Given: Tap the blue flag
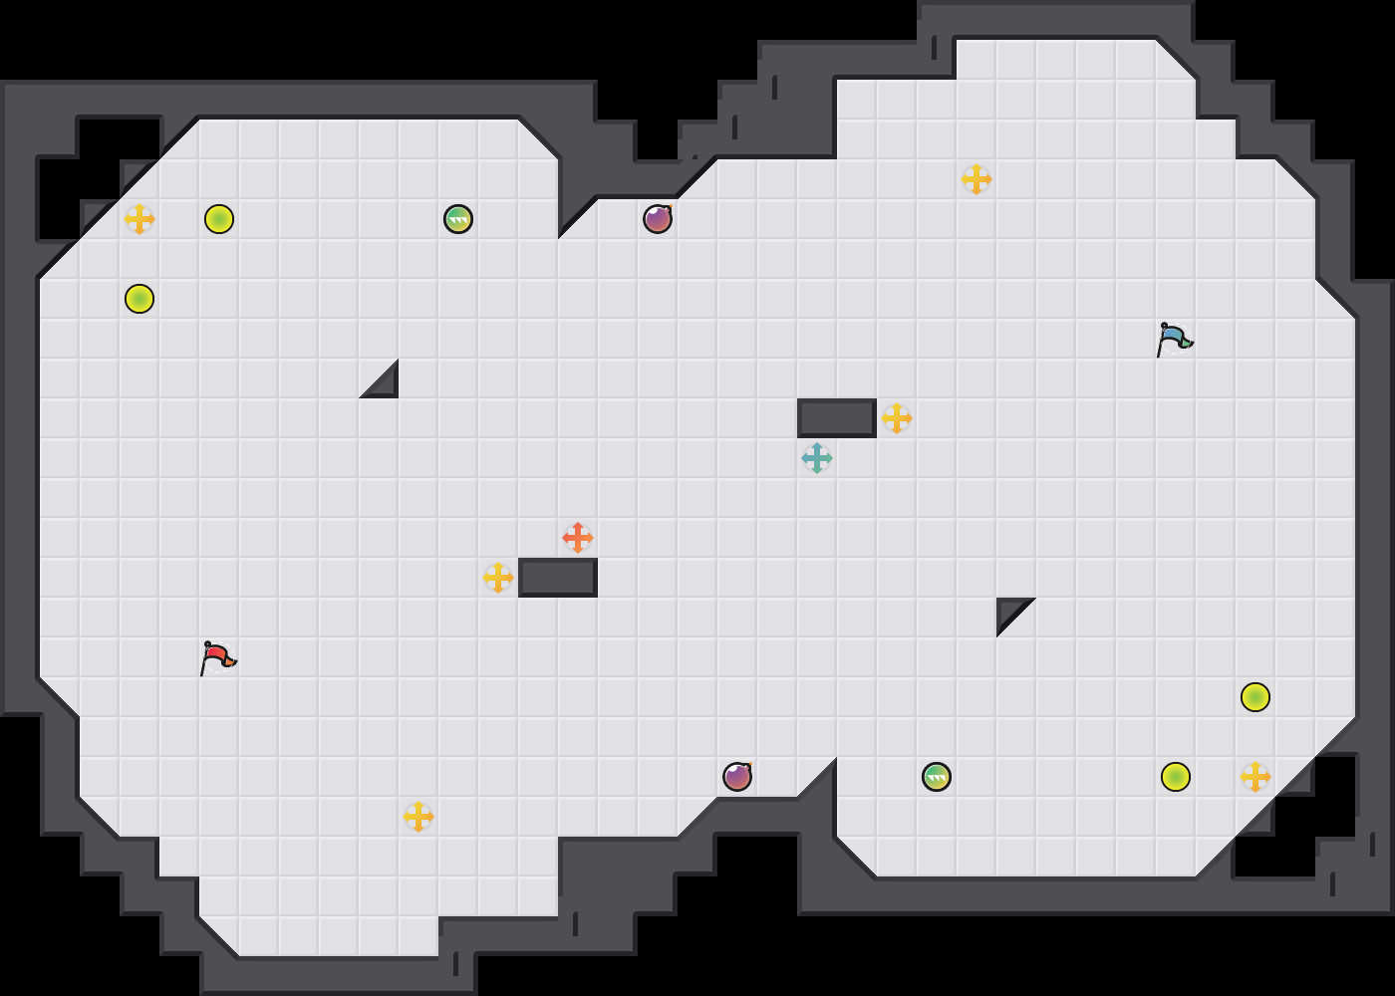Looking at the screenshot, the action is pyautogui.click(x=1174, y=339).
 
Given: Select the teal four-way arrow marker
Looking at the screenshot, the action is pyautogui.click(x=817, y=458).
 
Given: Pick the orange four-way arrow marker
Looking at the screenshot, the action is pyautogui.click(x=578, y=538).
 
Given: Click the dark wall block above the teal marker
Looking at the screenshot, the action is pyautogui.click(x=837, y=418).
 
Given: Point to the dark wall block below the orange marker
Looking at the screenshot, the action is pyautogui.click(x=558, y=578).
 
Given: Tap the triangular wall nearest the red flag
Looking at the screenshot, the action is pyautogui.click(x=385, y=384).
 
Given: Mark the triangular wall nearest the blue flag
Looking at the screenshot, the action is pyautogui.click(x=1009, y=611).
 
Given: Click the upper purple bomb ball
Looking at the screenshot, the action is pyautogui.click(x=658, y=219).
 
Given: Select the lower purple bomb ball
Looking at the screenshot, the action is pyautogui.click(x=737, y=777).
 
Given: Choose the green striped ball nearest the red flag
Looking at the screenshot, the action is pyautogui.click(x=458, y=219).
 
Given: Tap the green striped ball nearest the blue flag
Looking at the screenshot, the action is pyautogui.click(x=937, y=777).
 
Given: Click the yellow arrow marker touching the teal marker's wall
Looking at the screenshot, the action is pyautogui.click(x=897, y=418).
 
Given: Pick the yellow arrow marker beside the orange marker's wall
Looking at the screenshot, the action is pyautogui.click(x=498, y=578).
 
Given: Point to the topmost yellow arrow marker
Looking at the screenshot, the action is pyautogui.click(x=976, y=179).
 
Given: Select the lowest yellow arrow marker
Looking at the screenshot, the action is pyautogui.click(x=418, y=817).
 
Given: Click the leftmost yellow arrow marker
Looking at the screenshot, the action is pyautogui.click(x=139, y=219).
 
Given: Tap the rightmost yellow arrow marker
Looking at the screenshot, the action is pyautogui.click(x=1255, y=777).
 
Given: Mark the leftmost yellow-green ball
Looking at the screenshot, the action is pyautogui.click(x=139, y=299).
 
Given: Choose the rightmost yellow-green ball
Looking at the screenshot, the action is pyautogui.click(x=1255, y=697).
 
